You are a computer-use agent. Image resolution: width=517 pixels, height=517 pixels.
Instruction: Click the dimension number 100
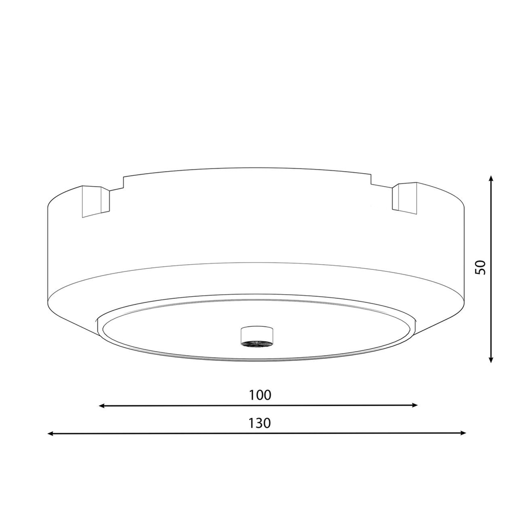[260, 395]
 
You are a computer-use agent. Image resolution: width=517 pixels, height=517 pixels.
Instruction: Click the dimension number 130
[260, 423]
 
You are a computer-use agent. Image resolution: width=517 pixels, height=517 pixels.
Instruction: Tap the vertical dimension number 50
[480, 267]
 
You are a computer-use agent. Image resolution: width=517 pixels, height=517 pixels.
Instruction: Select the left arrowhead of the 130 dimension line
[51, 434]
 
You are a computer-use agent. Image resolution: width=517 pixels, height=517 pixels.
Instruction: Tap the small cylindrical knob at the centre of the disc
[257, 336]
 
